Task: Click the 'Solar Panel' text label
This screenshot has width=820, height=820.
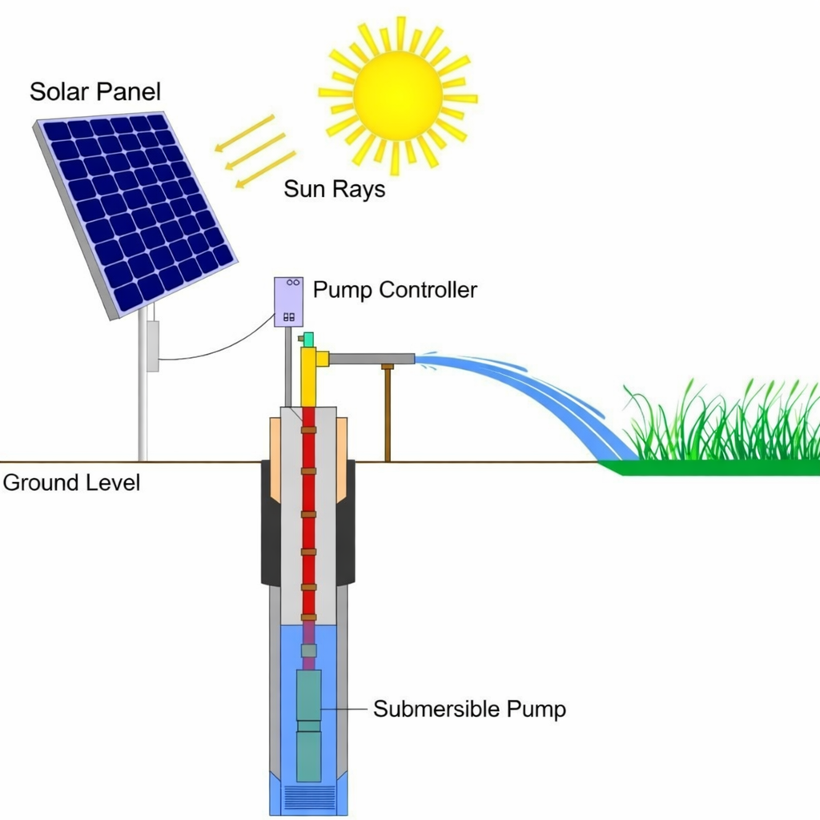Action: (x=94, y=91)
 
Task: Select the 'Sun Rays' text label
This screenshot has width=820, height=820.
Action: (x=334, y=190)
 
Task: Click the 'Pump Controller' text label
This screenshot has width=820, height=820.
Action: (x=395, y=289)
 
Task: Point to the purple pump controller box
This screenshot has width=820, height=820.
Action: (x=288, y=301)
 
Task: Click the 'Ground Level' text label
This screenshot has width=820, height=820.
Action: (x=71, y=483)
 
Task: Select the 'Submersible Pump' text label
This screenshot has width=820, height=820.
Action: (x=469, y=709)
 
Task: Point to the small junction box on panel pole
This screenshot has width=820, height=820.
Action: (x=152, y=345)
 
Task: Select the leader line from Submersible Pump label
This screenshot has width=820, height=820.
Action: (x=346, y=709)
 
